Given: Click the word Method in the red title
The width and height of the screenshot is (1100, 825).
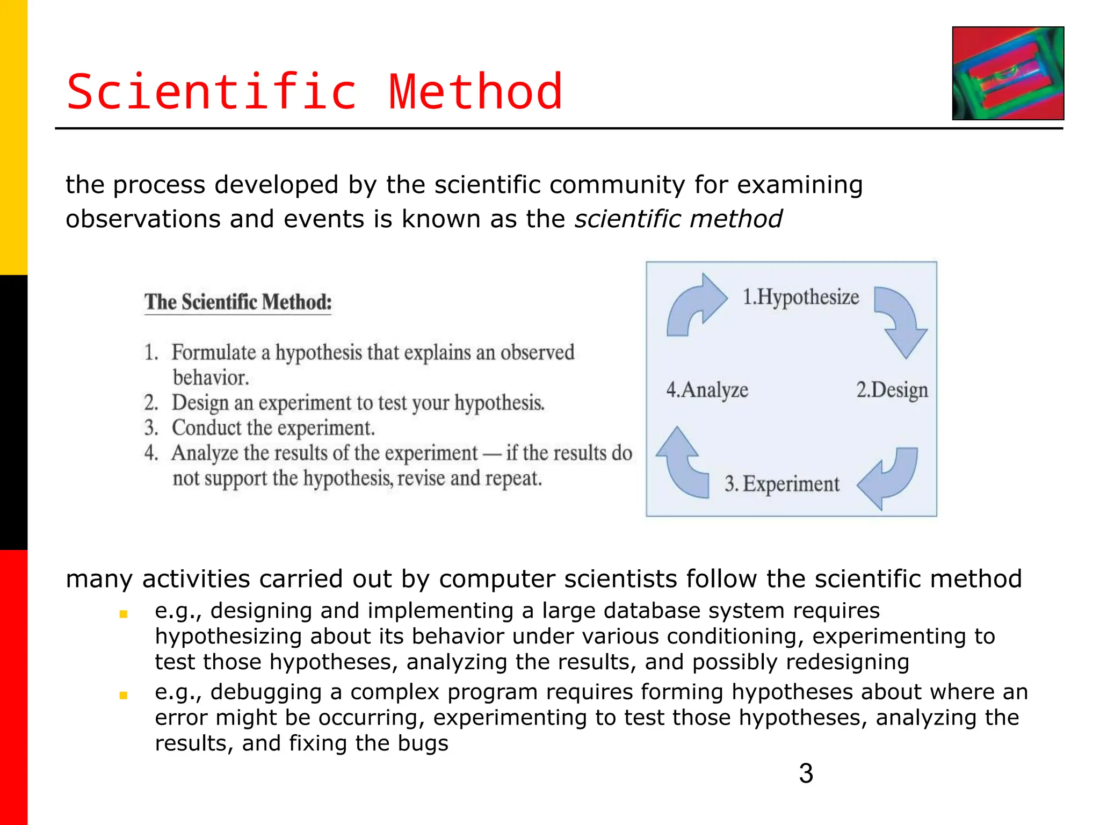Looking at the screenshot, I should pos(475,92).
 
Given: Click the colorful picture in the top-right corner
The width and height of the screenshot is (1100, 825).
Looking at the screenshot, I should pos(1008,73).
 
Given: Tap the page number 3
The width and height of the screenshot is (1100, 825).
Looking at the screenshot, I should pos(806,773).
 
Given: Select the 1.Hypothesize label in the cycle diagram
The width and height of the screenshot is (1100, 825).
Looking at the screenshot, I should pos(800,297).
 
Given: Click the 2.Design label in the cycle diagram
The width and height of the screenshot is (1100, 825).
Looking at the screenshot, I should pos(892,390).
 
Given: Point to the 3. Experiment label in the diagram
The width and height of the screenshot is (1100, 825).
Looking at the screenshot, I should pos(781,484).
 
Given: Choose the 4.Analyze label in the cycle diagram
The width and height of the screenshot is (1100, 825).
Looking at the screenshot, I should pos(707,390).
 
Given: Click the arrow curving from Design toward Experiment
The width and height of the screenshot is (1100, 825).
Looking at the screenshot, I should pos(889,476).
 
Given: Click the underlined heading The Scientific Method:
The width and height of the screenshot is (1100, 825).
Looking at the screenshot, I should pos(238,302).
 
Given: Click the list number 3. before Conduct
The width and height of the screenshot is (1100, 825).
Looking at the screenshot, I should pos(151,428).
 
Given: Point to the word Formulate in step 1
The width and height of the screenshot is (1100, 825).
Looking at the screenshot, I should pos(213,353).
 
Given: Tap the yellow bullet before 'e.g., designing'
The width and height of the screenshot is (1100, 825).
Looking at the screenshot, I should pos(123,614).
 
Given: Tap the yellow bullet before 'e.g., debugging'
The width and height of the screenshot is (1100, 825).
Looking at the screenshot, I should pos(123,695).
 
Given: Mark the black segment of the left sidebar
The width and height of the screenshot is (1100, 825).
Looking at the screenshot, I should pos(13,412).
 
